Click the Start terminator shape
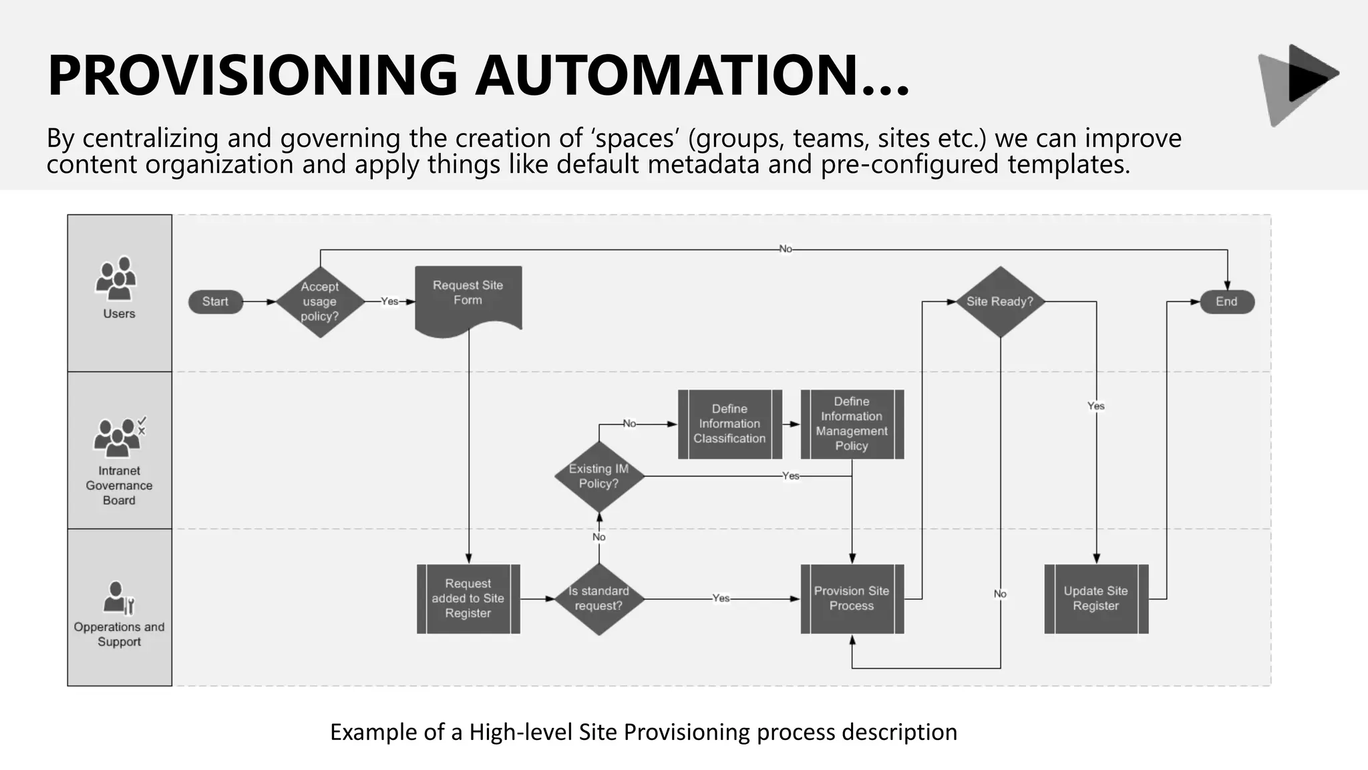pyautogui.click(x=215, y=302)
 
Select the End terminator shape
pyautogui.click(x=1226, y=302)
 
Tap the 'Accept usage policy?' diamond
pyautogui.click(x=320, y=302)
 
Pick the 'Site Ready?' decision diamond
pyautogui.click(x=1000, y=302)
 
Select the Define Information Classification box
pyautogui.click(x=729, y=424)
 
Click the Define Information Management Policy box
pyautogui.click(x=852, y=424)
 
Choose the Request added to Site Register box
pyautogui.click(x=468, y=599)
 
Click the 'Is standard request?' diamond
pyautogui.click(x=599, y=599)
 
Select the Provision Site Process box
pyautogui.click(x=852, y=599)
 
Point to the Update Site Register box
pyautogui.click(x=1095, y=599)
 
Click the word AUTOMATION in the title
pyautogui.click(x=691, y=75)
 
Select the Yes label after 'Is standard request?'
pyautogui.click(x=721, y=598)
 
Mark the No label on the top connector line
pyautogui.click(x=786, y=249)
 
